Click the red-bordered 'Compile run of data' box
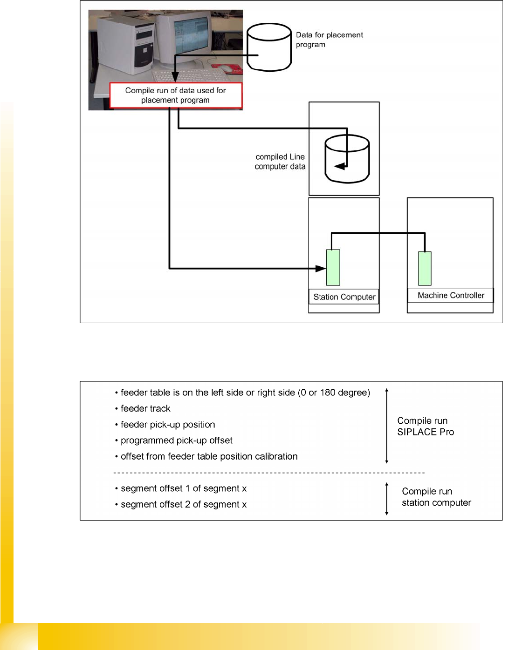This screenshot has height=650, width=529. click(176, 95)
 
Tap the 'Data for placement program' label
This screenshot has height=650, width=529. click(329, 40)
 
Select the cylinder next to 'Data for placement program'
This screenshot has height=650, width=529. click(269, 47)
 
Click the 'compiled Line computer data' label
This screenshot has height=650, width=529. click(280, 162)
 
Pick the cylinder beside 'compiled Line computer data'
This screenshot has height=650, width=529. click(347, 159)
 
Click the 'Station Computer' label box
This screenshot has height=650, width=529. click(344, 297)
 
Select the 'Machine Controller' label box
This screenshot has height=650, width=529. click(451, 295)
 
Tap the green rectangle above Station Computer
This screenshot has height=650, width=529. click(333, 267)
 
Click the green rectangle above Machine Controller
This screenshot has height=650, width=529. click(425, 268)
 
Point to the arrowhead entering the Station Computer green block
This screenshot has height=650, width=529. click(321, 268)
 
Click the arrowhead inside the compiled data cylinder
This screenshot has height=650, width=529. click(340, 166)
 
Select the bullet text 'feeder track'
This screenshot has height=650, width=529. click(145, 408)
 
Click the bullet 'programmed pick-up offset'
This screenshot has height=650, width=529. click(176, 440)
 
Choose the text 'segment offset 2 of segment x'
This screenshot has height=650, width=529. click(184, 504)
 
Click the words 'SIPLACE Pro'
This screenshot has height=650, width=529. click(426, 432)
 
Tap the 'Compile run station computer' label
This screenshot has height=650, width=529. click(436, 497)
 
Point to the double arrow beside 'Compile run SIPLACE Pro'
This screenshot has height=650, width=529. click(387, 426)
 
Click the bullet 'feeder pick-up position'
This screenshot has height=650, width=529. click(168, 425)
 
